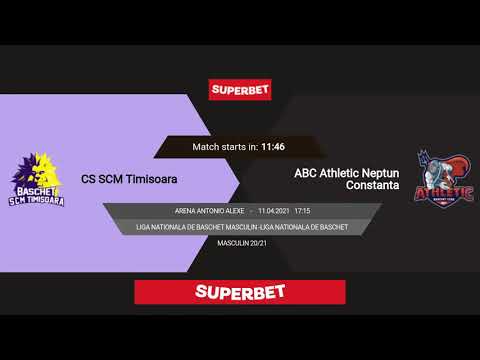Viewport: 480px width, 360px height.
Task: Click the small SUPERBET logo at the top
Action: (x=240, y=89)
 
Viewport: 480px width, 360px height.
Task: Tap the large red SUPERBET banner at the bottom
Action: (x=240, y=292)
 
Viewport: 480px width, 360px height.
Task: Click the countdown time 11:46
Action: (x=273, y=147)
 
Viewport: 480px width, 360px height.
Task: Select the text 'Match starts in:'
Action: (x=225, y=147)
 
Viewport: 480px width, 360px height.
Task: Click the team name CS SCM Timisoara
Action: (x=136, y=180)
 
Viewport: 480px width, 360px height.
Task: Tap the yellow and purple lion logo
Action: (x=37, y=181)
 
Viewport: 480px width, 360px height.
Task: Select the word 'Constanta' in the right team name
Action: (x=372, y=186)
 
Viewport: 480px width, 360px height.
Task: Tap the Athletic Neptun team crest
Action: (x=444, y=180)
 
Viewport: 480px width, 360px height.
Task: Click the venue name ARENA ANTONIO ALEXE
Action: (x=209, y=211)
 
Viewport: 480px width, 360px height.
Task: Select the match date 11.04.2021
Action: (x=273, y=211)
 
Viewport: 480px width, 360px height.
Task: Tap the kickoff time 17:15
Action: (x=303, y=211)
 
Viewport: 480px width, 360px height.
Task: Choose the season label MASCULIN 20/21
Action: (x=240, y=243)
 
